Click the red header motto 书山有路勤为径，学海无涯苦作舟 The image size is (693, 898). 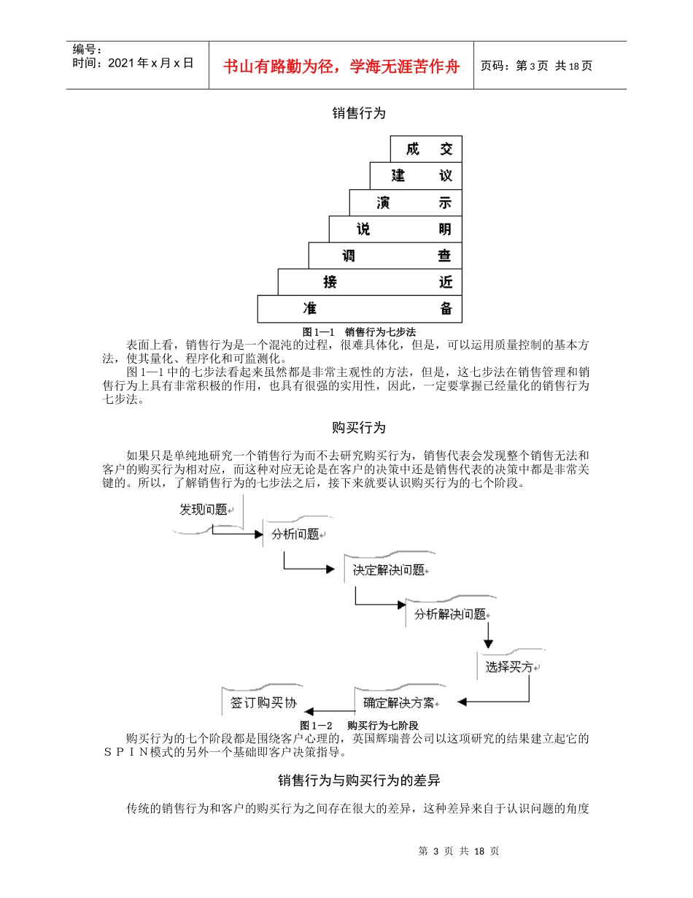[x=341, y=66]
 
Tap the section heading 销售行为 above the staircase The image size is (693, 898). [x=358, y=113]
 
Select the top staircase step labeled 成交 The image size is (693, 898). [x=426, y=149]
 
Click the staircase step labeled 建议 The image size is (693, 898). [x=416, y=175]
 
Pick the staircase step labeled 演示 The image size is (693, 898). [x=406, y=202]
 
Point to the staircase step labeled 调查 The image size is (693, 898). [x=385, y=256]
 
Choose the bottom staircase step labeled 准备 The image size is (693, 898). [x=360, y=308]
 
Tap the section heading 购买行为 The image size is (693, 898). [x=358, y=427]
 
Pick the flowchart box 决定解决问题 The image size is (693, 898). [x=389, y=570]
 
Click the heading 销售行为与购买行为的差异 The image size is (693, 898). [x=358, y=781]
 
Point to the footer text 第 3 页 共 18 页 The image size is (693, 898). [x=459, y=851]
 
